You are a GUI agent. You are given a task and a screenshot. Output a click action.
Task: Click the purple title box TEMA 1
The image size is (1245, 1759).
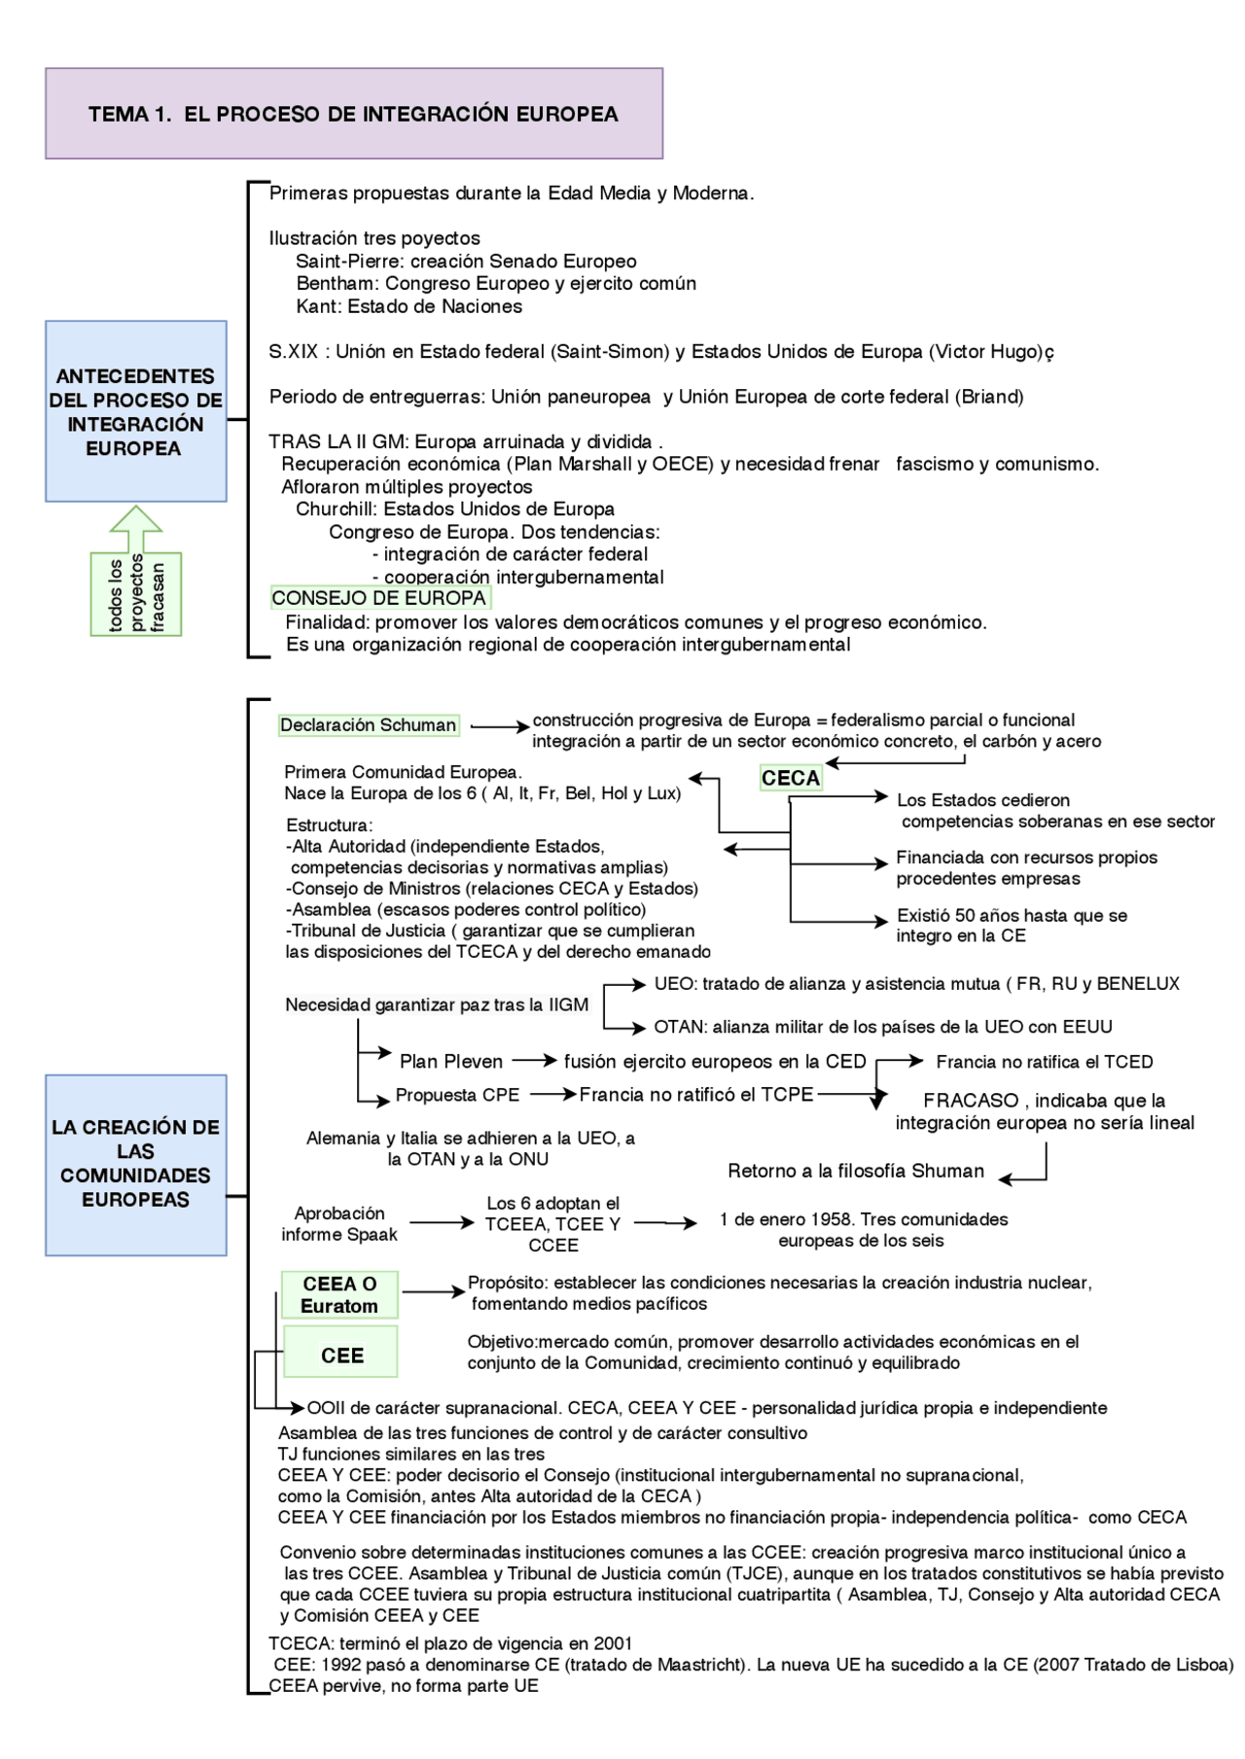click(x=353, y=114)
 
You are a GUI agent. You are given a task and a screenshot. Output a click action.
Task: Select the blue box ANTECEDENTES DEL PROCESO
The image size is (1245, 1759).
click(x=135, y=411)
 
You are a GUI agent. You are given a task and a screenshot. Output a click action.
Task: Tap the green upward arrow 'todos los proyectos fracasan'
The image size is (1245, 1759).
click(x=136, y=574)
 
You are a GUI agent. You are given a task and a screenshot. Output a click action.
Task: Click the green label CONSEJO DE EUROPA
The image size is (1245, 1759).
click(x=379, y=598)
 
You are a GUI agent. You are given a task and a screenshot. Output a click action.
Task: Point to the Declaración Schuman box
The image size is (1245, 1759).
click(x=368, y=725)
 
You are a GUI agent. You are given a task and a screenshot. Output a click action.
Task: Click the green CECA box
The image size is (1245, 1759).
click(x=790, y=778)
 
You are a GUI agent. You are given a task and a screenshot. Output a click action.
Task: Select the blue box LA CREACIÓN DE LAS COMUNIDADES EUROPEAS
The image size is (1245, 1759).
click(x=135, y=1164)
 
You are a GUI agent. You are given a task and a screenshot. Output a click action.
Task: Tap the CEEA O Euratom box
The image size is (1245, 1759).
click(x=339, y=1294)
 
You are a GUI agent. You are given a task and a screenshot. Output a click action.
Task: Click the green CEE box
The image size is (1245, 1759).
click(x=340, y=1354)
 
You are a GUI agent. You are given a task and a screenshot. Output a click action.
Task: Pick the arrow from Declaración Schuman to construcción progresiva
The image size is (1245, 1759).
click(x=499, y=726)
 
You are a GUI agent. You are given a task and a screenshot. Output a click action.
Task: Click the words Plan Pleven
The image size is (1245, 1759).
click(x=450, y=1062)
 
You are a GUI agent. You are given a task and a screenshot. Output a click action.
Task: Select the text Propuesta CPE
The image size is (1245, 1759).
click(x=457, y=1095)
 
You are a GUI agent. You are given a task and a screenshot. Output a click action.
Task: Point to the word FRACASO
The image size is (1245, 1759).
click(x=971, y=1101)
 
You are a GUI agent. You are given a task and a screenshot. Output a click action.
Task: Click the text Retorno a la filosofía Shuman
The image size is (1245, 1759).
click(x=856, y=1171)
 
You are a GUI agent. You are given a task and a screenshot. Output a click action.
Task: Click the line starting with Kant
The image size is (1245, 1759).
click(x=409, y=306)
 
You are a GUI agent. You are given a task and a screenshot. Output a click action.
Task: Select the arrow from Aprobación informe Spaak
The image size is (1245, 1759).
click(x=442, y=1222)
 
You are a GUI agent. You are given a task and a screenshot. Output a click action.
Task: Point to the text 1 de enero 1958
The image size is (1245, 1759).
click(x=864, y=1219)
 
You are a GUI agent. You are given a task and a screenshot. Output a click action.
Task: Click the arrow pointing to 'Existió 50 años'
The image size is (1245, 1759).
click(x=841, y=920)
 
